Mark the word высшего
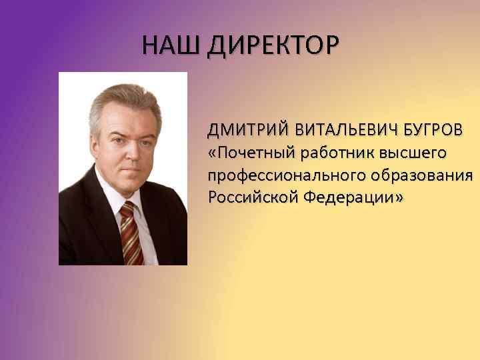coord(413,154)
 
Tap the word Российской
coord(251,198)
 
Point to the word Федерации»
coord(353,198)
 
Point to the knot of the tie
coord(126,211)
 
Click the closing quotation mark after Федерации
coord(398,199)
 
